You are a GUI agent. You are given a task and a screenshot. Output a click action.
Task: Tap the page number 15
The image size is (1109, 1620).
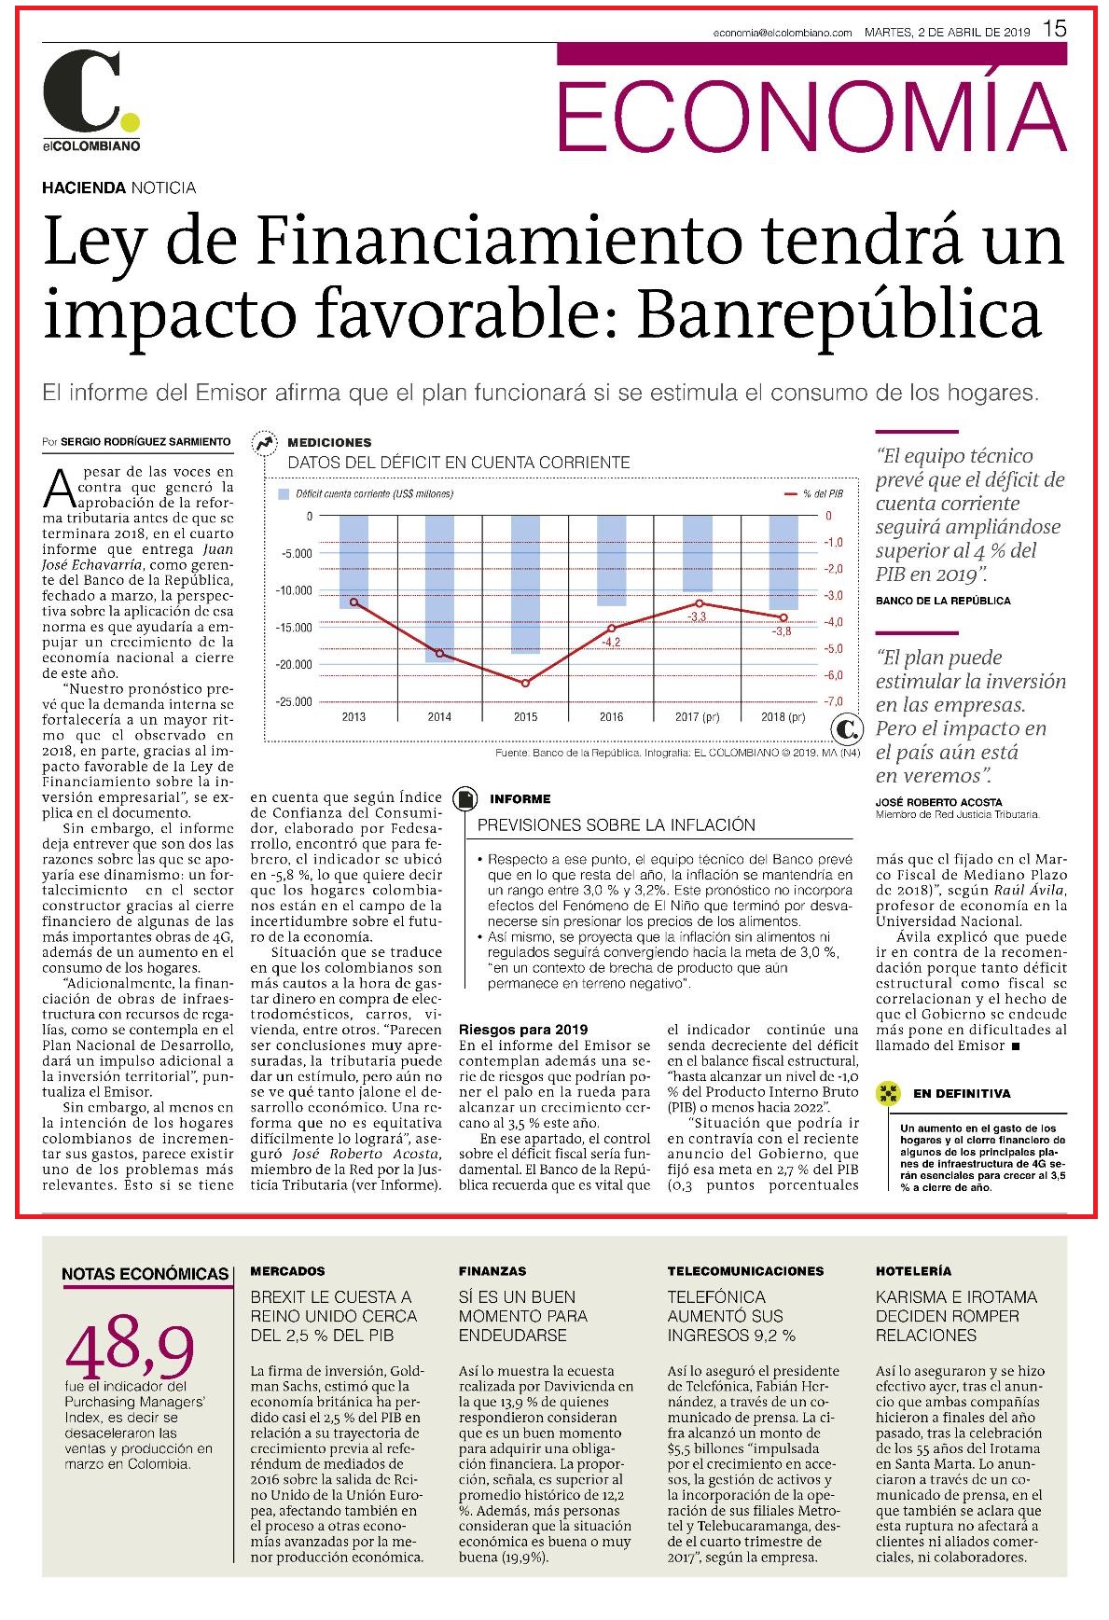point(1054,29)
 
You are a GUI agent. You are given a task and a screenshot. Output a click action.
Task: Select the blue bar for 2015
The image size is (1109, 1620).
point(525,585)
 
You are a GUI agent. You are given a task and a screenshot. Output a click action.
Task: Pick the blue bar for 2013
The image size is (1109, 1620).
point(353,562)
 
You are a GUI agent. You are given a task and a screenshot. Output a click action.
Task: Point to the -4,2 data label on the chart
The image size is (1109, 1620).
point(611,643)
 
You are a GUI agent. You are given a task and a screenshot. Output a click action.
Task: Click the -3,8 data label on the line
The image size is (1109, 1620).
point(782,631)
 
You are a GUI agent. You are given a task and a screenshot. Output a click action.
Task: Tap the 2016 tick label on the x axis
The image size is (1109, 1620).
point(611,717)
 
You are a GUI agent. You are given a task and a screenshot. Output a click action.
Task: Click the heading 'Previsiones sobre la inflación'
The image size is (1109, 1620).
point(617,825)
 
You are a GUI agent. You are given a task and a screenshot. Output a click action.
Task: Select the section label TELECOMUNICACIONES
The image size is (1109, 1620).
point(745,1270)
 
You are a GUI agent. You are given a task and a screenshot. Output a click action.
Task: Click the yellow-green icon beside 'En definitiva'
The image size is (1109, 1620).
point(889,1093)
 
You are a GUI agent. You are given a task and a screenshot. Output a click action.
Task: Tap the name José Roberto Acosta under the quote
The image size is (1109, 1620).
point(939,802)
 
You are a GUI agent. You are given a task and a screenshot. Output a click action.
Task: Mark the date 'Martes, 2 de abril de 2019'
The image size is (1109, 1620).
point(947,32)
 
